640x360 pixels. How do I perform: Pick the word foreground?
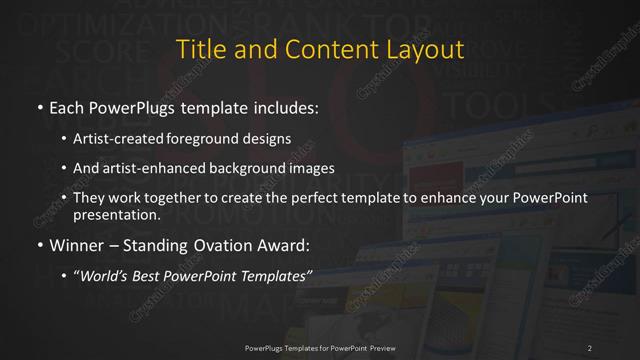pyautogui.click(x=211, y=139)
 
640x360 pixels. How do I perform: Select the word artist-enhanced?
pyautogui.click(x=150, y=168)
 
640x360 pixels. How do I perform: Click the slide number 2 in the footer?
pyautogui.click(x=590, y=347)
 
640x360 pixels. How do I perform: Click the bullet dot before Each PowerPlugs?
pyautogui.click(x=38, y=105)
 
